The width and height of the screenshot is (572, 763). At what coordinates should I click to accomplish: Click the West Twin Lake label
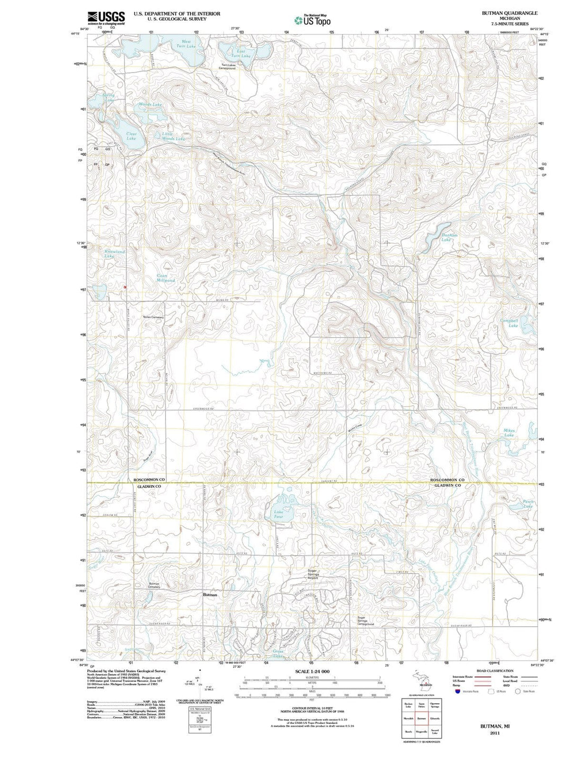tap(186, 44)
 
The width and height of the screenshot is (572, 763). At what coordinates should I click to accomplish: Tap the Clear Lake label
tap(131, 136)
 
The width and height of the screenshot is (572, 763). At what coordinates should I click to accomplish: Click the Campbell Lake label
tap(510, 323)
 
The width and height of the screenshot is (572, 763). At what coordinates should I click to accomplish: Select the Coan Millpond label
tap(165, 278)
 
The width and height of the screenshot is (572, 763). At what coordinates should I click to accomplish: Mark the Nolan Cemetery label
tap(154, 318)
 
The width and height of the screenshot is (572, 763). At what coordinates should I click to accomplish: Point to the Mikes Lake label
tap(509, 433)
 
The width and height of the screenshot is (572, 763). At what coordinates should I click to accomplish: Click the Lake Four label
tap(279, 514)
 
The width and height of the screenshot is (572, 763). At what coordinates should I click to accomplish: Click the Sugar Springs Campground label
tap(365, 621)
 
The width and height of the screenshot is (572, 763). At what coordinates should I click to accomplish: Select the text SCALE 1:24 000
tap(312, 671)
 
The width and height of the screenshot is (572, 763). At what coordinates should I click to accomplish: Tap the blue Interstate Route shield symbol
tap(457, 691)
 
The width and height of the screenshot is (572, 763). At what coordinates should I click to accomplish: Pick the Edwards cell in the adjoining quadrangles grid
tap(435, 718)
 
